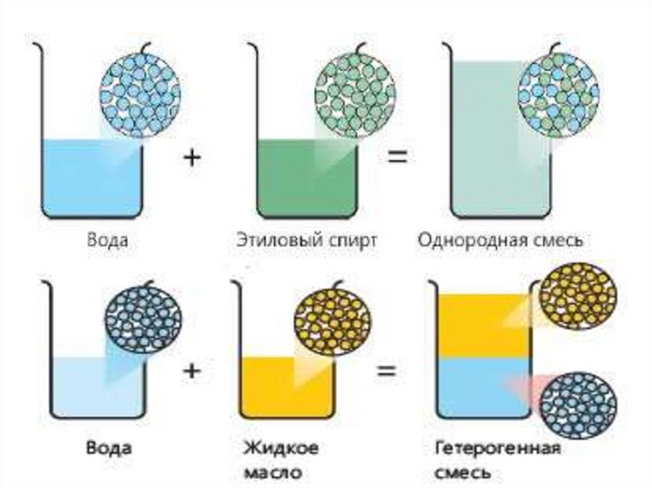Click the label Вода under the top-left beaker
(108, 241)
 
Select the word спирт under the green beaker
(350, 241)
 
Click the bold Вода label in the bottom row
(109, 447)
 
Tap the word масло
(273, 473)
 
